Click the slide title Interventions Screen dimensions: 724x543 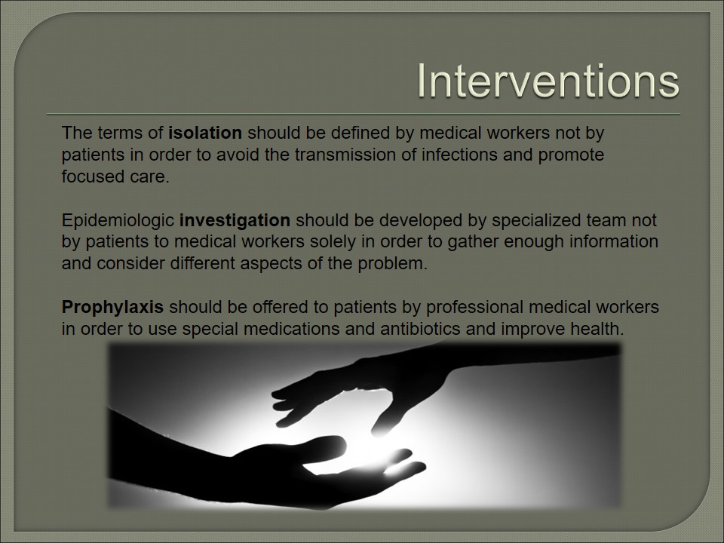coord(548,81)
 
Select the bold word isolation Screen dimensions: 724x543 coord(205,133)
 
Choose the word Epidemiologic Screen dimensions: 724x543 coord(118,221)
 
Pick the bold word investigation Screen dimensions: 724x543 coord(235,221)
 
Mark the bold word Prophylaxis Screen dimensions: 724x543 coord(112,308)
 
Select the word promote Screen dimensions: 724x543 coord(571,155)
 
